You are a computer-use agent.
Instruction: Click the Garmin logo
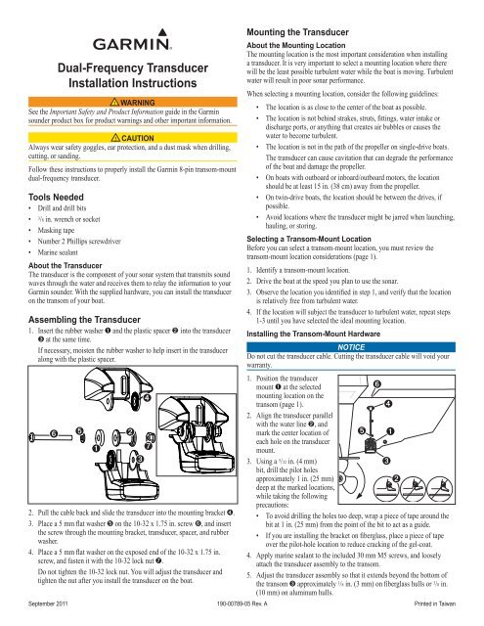(x=132, y=39)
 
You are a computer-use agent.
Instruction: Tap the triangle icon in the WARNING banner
(x=114, y=102)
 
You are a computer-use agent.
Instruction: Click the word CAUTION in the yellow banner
(x=138, y=138)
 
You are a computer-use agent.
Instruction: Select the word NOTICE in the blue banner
(x=351, y=347)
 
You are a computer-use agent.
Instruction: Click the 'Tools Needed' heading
(x=56, y=198)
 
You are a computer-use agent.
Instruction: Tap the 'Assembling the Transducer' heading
(x=84, y=320)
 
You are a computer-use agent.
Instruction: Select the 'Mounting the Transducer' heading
(x=297, y=32)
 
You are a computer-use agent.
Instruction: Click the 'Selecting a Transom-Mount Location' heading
(x=309, y=239)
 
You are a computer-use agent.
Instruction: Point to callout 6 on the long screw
(x=54, y=434)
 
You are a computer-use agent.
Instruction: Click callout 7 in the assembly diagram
(x=148, y=445)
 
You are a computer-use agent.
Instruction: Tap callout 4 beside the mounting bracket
(x=148, y=398)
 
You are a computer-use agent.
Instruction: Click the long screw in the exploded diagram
(x=50, y=437)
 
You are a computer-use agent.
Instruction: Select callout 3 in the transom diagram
(x=386, y=461)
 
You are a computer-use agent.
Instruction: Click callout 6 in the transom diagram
(x=376, y=384)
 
